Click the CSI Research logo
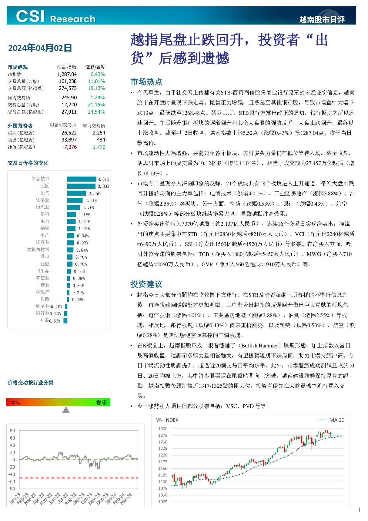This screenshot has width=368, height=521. click(55, 16)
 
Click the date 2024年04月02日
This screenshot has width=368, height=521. click(40, 48)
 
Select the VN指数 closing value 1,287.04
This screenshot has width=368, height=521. click(67, 74)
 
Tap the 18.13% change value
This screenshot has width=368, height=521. click(96, 88)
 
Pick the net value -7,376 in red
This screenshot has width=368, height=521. click(69, 147)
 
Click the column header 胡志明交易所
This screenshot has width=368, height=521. click(63, 125)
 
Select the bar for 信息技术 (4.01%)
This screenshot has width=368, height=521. click(82, 179)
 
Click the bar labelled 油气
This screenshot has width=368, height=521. click(76, 193)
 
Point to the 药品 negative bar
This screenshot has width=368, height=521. click(65, 320)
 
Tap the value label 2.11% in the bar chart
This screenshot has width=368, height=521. click(91, 201)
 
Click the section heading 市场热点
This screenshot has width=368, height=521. click(146, 82)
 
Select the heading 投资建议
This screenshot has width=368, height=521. click(146, 284)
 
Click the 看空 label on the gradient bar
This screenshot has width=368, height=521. click(16, 403)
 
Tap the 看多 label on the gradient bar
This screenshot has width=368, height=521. click(102, 403)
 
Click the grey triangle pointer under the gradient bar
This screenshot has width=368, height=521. click(66, 410)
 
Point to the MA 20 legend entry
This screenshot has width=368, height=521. click(330, 420)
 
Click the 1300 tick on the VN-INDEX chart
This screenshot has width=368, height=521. click(163, 429)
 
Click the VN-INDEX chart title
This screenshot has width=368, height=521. click(167, 420)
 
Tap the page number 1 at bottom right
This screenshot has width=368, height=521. click(360, 510)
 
